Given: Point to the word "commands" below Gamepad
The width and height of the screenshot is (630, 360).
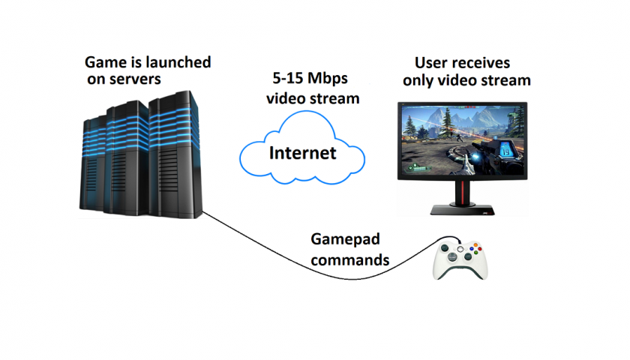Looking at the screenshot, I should [x=350, y=260].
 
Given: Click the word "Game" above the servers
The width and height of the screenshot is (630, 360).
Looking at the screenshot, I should [x=103, y=62].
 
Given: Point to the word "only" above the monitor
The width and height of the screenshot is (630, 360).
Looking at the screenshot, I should [x=419, y=80].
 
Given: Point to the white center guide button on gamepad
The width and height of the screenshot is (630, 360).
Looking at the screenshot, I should [x=460, y=250].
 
